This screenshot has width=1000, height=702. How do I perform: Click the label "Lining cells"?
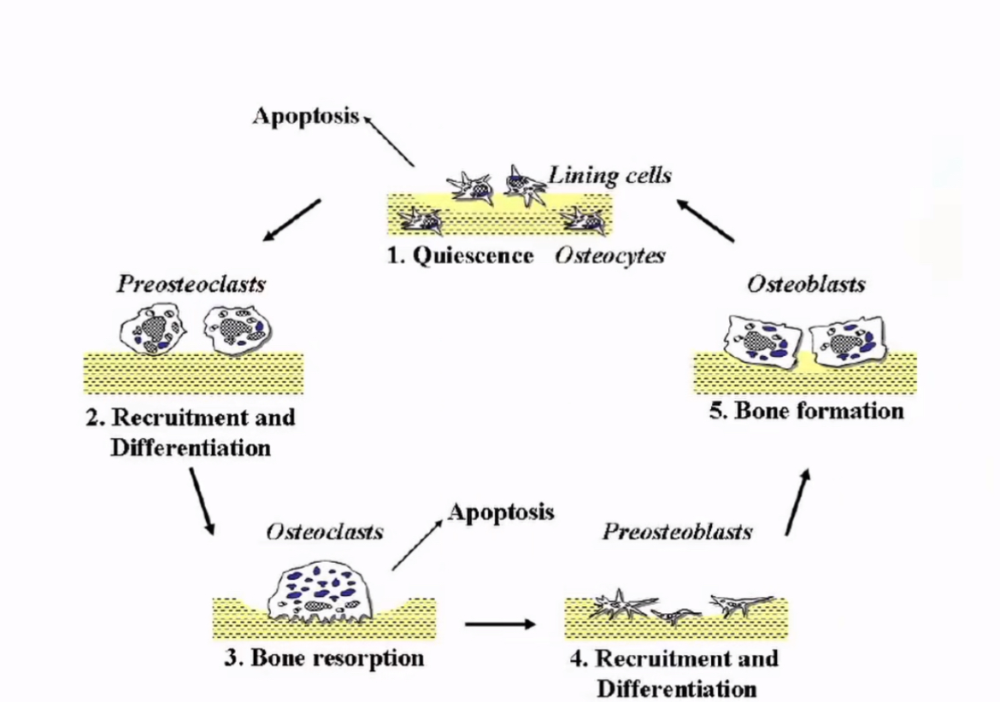pyautogui.click(x=610, y=175)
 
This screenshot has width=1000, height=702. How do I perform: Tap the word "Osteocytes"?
pyautogui.click(x=609, y=256)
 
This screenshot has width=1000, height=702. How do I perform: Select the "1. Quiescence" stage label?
pyautogui.click(x=461, y=256)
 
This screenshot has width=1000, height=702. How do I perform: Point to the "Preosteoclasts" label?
pyautogui.click(x=191, y=284)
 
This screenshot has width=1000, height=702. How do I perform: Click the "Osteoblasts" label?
pyautogui.click(x=806, y=284)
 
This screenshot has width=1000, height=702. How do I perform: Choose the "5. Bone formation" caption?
pyautogui.click(x=806, y=411)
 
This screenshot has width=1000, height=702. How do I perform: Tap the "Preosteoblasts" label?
pyautogui.click(x=677, y=532)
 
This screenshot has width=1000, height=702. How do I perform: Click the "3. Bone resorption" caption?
pyautogui.click(x=324, y=658)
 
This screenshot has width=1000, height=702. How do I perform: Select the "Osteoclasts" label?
pyautogui.click(x=325, y=532)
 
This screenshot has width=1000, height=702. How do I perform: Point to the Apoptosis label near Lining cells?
pyautogui.click(x=305, y=116)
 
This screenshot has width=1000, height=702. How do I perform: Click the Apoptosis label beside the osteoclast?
pyautogui.click(x=501, y=512)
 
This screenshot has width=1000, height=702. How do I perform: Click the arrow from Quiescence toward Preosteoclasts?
pyautogui.click(x=291, y=219)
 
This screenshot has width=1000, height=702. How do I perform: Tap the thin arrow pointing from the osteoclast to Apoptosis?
pyautogui.click(x=417, y=544)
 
